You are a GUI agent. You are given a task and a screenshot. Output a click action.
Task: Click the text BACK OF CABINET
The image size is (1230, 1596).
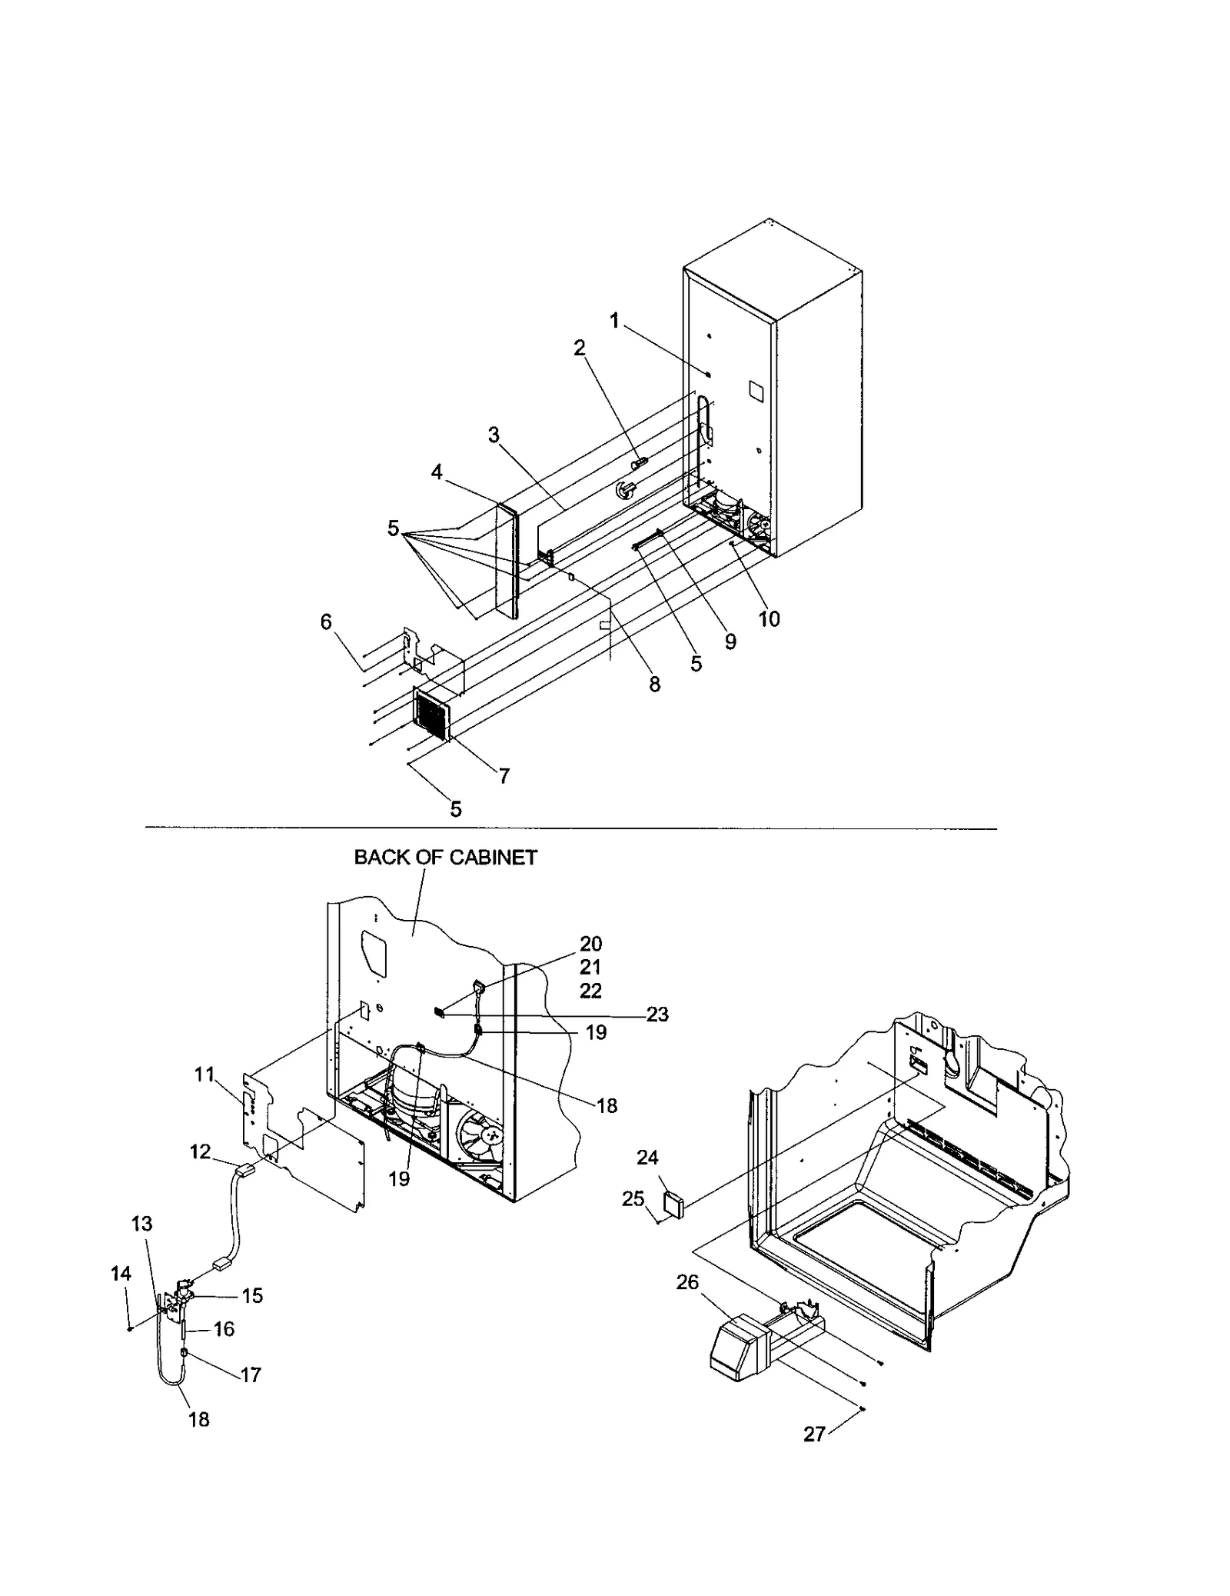pyautogui.click(x=445, y=858)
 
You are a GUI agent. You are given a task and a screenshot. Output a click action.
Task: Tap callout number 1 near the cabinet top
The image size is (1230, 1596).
pyautogui.click(x=615, y=322)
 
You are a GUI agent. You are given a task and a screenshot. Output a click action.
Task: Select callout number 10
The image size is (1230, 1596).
pyautogui.click(x=769, y=618)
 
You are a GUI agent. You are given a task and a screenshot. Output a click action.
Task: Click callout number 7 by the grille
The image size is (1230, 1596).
pyautogui.click(x=504, y=776)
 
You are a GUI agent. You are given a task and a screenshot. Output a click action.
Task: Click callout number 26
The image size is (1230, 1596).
pyautogui.click(x=687, y=1282)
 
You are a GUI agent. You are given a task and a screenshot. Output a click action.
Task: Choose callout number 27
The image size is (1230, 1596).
pyautogui.click(x=815, y=1434)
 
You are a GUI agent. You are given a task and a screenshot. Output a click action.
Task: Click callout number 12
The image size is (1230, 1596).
pyautogui.click(x=201, y=1151)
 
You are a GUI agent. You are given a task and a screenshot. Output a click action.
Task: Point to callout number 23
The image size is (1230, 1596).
pyautogui.click(x=657, y=1015)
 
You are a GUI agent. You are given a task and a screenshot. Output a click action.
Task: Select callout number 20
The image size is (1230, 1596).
pyautogui.click(x=590, y=945)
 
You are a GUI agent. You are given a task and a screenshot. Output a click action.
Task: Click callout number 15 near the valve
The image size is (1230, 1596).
pyautogui.click(x=252, y=1296)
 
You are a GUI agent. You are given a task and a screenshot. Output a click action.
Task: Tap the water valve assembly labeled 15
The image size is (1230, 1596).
pyautogui.click(x=181, y=1296)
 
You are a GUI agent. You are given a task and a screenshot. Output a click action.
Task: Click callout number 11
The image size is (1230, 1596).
pyautogui.click(x=204, y=1075)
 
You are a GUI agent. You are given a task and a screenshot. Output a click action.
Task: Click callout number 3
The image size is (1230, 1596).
pyautogui.click(x=494, y=436)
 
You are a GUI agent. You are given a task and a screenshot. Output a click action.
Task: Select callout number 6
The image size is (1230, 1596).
pyautogui.click(x=326, y=621)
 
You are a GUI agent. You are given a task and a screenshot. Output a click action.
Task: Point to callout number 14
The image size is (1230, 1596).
pyautogui.click(x=121, y=1274)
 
